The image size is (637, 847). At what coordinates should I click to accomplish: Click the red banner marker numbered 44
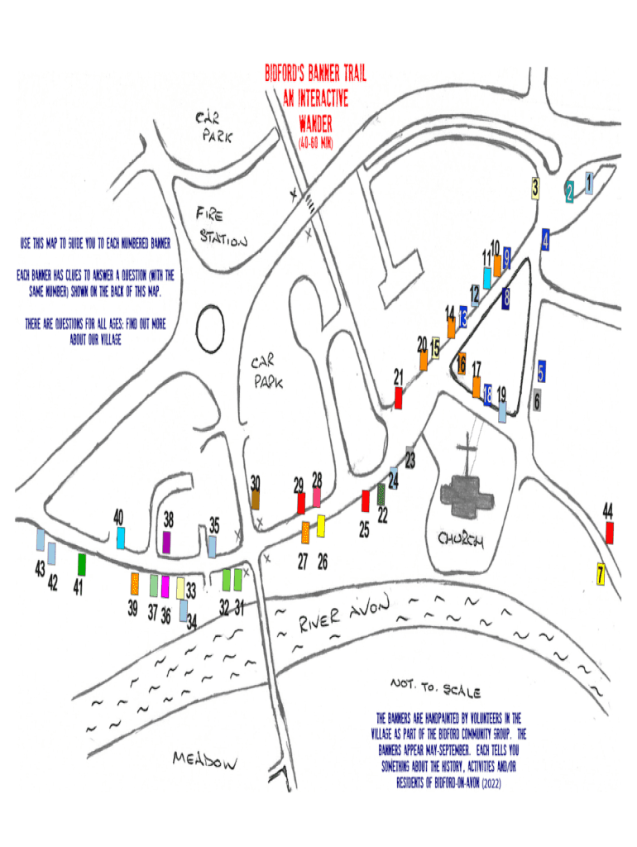(610, 533)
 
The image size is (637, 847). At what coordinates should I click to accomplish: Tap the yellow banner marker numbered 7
(601, 573)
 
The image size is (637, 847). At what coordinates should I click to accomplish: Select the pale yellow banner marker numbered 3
(536, 189)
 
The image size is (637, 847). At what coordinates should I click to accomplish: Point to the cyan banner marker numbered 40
(121, 538)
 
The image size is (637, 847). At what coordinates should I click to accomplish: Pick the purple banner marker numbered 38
(167, 542)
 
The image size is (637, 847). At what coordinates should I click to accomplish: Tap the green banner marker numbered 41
(82, 564)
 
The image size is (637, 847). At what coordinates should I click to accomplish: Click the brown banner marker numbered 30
(256, 499)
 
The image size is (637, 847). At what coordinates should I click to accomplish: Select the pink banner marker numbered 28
(317, 497)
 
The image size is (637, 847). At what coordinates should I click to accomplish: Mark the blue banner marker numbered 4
(546, 240)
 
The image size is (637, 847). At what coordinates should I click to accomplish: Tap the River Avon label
(342, 615)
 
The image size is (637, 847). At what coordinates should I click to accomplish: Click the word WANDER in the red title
(315, 126)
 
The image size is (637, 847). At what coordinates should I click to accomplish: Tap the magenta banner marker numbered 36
(165, 586)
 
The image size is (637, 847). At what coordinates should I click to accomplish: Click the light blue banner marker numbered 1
(589, 182)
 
